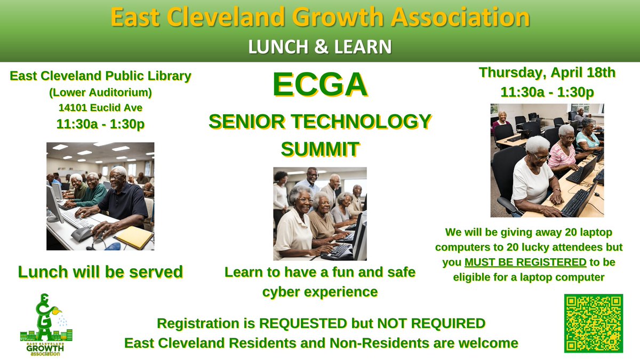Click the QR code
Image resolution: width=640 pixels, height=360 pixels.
(594, 323)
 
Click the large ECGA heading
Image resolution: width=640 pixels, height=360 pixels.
(319, 86)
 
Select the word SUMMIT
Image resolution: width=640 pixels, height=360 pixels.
(319, 149)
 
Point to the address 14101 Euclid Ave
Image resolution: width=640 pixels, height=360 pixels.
(100, 108)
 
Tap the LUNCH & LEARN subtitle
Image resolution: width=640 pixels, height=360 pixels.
(319, 46)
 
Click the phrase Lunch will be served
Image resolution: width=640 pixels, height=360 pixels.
(100, 272)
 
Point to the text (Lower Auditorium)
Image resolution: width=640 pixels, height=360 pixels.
(100, 92)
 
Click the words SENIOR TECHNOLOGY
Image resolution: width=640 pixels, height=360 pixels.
(319, 122)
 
